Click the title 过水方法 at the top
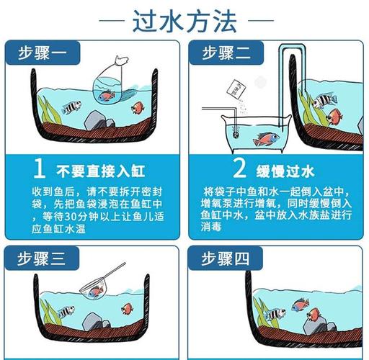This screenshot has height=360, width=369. point(184,22)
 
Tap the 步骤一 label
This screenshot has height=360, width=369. point(47,53)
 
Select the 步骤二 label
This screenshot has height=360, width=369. point(228,53)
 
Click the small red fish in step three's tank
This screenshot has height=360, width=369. point(128,309)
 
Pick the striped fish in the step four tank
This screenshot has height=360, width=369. point(275,314)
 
